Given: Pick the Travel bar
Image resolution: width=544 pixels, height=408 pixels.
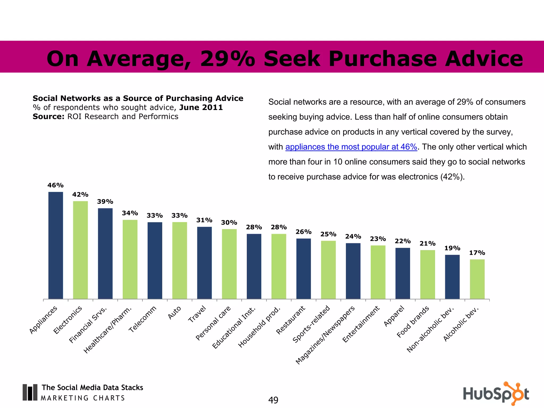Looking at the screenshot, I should tap(204, 263).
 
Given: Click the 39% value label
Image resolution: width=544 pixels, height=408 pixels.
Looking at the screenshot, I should tap(105, 202).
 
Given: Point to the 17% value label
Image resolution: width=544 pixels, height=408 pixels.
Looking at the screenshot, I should tap(477, 253).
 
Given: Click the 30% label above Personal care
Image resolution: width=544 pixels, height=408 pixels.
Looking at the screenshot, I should tap(229, 223).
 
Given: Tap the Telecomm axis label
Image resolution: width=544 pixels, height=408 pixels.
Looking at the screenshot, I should tap(143, 319).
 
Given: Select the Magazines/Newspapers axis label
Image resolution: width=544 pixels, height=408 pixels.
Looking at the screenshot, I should tap(325, 335).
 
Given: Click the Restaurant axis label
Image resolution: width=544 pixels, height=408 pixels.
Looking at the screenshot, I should tap(291, 320).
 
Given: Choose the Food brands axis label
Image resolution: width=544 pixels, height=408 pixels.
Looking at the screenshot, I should tap(413, 322).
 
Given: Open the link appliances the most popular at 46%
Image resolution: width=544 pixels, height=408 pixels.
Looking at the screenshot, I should tap(351, 147).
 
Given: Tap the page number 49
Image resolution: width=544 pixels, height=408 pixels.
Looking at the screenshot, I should tap(273, 400).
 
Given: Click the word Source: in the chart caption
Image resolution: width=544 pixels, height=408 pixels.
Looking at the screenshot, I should tap(48, 117).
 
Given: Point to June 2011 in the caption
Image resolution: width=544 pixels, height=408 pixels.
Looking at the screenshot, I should tap(201, 108).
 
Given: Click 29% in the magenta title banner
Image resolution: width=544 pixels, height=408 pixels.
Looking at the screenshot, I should tap(228, 59).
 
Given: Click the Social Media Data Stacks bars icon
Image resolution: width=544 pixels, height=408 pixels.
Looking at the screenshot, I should tap(30, 392).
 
